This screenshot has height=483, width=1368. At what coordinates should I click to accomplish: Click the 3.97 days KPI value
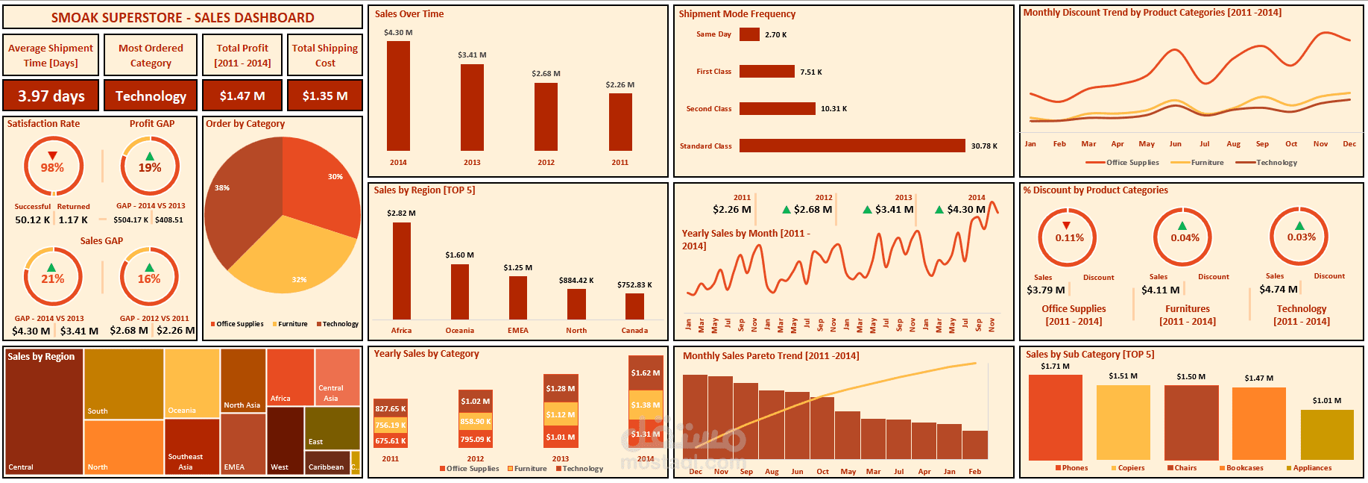click(x=51, y=96)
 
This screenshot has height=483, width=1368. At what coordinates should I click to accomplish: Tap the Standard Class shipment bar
click(x=851, y=146)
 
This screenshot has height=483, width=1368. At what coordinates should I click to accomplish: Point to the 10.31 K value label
click(x=833, y=109)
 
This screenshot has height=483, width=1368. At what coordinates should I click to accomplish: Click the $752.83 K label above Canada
click(x=634, y=285)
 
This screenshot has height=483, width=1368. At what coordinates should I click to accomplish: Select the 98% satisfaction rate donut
click(x=52, y=167)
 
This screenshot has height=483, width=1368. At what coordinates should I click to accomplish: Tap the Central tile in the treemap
click(x=43, y=411)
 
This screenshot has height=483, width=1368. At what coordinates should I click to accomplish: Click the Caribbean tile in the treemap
click(x=327, y=462)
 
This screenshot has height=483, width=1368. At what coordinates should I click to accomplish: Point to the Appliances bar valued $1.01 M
click(x=1326, y=434)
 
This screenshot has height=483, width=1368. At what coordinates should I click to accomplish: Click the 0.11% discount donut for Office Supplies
click(x=1068, y=237)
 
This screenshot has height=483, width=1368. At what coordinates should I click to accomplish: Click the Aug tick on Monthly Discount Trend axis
click(x=1233, y=144)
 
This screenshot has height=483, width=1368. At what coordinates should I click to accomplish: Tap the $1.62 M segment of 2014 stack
click(x=646, y=373)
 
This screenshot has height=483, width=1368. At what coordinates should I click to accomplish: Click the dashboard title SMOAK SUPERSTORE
click(x=183, y=17)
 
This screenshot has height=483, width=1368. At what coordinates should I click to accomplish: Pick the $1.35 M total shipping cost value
click(x=325, y=96)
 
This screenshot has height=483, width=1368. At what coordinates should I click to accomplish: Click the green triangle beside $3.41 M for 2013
click(x=867, y=210)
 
